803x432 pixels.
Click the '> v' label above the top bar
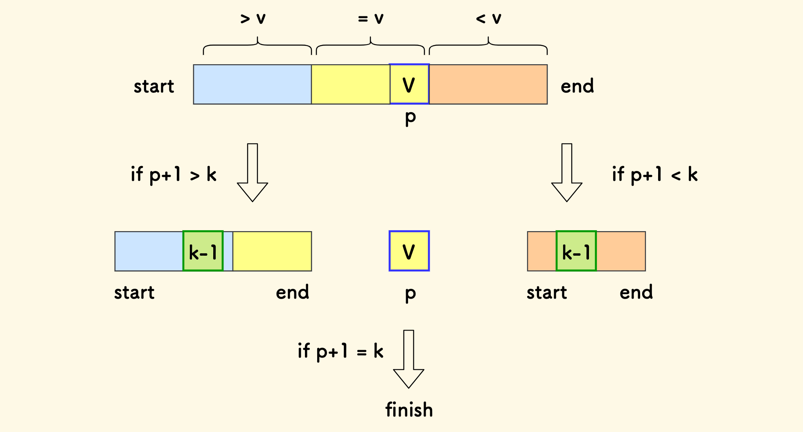pyautogui.click(x=253, y=19)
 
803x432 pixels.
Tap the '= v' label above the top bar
pyautogui.click(x=370, y=19)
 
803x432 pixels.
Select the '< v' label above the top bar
pyautogui.click(x=488, y=19)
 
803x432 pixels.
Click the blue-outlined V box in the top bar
pyautogui.click(x=409, y=84)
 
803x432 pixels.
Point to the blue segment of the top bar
pyautogui.click(x=252, y=84)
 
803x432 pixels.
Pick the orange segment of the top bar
pyautogui.click(x=488, y=84)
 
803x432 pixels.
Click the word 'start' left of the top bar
pyautogui.click(x=154, y=86)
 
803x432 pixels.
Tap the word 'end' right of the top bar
pyautogui.click(x=577, y=86)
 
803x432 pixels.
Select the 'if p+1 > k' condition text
pyautogui.click(x=174, y=175)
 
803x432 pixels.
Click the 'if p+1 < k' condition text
pyautogui.click(x=655, y=175)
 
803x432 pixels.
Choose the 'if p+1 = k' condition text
pyautogui.click(x=341, y=351)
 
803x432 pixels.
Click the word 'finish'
pyautogui.click(x=409, y=410)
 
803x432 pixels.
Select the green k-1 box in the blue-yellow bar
pyautogui.click(x=203, y=251)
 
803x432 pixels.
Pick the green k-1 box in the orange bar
pyautogui.click(x=576, y=251)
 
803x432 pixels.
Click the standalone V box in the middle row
pyautogui.click(x=409, y=251)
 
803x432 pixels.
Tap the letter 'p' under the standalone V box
pyautogui.click(x=410, y=294)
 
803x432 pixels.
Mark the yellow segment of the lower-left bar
pyautogui.click(x=272, y=251)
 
